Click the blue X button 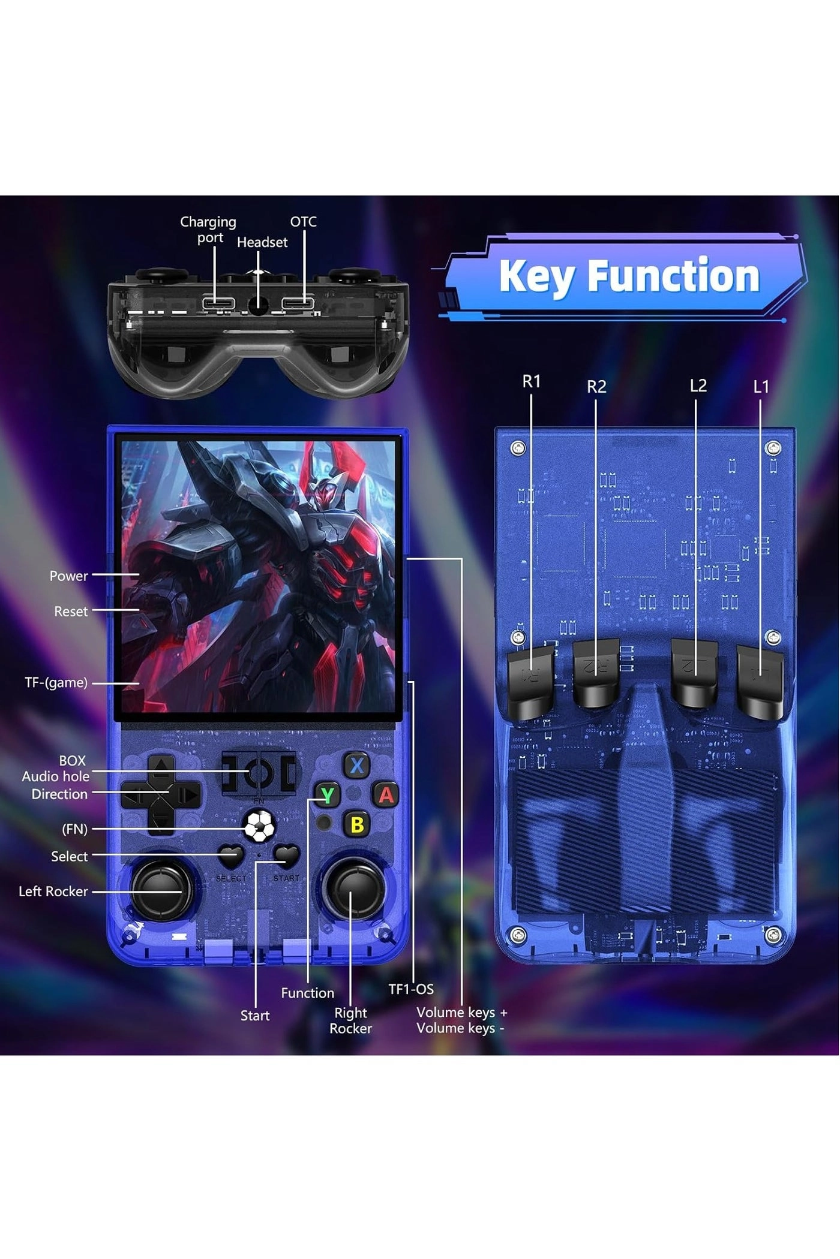(357, 766)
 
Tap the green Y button (327, 795)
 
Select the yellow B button (357, 825)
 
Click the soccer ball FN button (259, 827)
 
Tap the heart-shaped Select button (231, 856)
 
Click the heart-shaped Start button (287, 856)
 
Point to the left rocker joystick (162, 891)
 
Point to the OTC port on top (298, 303)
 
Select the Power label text (68, 576)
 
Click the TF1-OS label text (411, 989)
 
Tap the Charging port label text (208, 230)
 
